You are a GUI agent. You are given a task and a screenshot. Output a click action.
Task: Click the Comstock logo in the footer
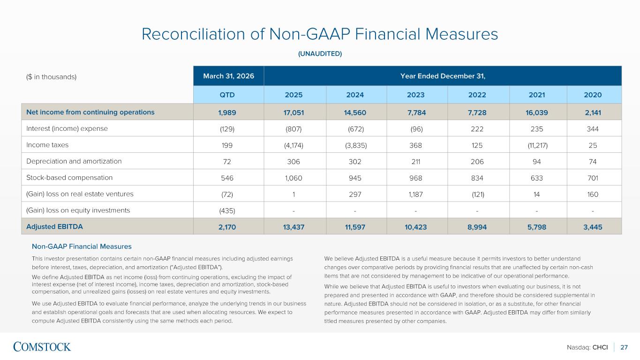42,347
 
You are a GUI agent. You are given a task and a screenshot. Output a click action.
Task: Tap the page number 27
624,347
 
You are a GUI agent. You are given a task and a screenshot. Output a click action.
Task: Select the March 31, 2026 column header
229,76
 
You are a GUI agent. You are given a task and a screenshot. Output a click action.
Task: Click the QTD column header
227,95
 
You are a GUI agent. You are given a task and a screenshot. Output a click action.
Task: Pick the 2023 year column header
416,95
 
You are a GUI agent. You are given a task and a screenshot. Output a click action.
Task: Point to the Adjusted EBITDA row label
54,226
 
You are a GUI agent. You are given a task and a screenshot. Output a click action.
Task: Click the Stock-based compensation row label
69,178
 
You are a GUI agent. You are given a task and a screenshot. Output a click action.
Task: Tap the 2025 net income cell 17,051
294,112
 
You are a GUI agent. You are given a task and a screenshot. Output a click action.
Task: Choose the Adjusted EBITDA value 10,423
416,227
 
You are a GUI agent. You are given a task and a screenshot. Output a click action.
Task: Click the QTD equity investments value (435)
227,211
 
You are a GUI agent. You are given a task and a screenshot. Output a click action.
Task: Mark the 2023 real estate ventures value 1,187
416,194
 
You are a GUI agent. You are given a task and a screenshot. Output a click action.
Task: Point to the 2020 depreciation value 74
593,162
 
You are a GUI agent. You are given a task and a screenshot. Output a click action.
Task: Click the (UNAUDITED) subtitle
320,54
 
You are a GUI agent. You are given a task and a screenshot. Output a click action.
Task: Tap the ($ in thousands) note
52,77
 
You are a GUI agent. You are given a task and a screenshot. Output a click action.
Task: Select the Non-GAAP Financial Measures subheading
82,246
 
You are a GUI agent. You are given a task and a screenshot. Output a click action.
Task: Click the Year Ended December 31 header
443,76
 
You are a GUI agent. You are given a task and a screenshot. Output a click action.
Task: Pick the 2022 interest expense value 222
477,129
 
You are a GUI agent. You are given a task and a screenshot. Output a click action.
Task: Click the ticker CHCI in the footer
600,347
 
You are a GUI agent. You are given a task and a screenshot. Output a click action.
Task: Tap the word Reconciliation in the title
194,34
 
